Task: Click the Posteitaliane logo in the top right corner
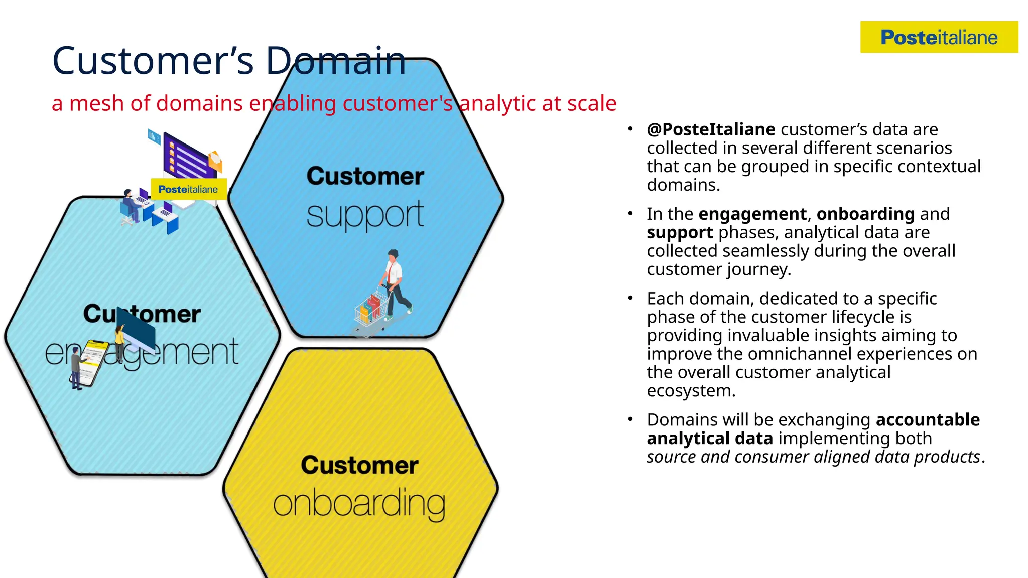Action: coord(939,37)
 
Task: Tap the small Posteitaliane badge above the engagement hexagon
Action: coord(188,189)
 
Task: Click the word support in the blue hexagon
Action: coord(365,215)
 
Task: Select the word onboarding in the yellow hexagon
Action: coord(359,504)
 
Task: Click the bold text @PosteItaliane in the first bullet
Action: coord(711,129)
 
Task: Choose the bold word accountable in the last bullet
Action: coord(928,419)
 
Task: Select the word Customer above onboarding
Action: coord(359,465)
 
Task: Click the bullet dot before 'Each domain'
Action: coord(630,299)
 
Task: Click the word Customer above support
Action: coord(365,176)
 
